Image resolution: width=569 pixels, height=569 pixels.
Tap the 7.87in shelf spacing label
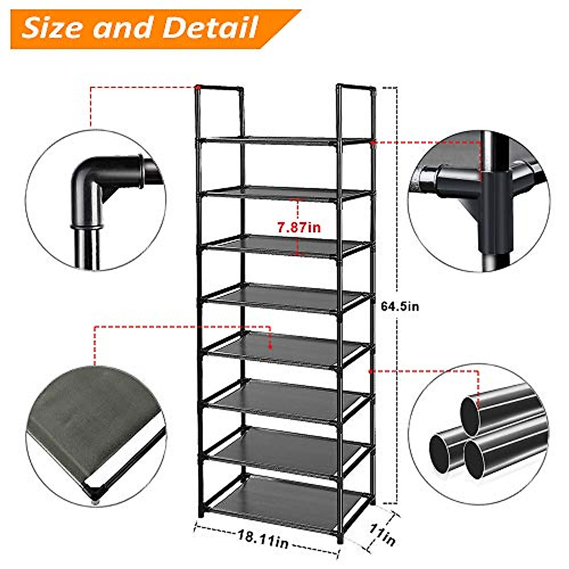click(x=299, y=227)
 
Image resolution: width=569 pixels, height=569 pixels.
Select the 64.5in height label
click(x=400, y=306)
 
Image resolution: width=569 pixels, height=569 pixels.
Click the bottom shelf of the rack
click(x=284, y=503)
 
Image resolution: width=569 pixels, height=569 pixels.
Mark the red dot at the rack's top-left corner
click(x=197, y=87)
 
